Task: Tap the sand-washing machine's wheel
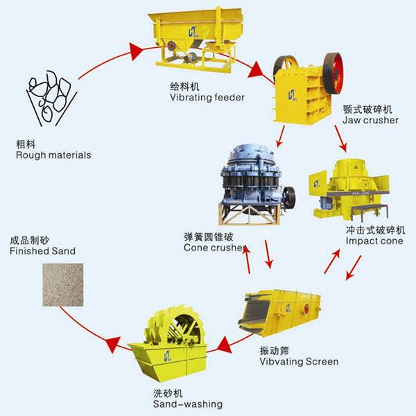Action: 182,332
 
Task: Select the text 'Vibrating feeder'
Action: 207,97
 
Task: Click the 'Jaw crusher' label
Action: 370,120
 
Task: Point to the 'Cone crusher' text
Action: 214,248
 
